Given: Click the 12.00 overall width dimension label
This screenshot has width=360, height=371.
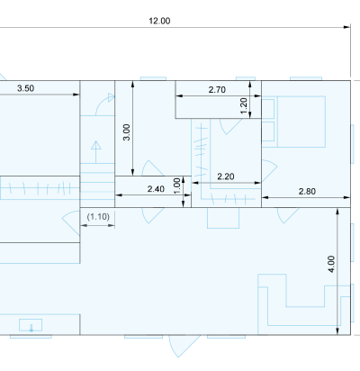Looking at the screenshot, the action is coord(159,21).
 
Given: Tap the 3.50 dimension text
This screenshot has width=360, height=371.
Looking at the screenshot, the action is coord(25,88).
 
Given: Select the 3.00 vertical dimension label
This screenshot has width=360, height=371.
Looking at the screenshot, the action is coord(127,132).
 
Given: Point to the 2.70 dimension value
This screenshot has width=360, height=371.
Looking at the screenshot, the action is coord(217,89).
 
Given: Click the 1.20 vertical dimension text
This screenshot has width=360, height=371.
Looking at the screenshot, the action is coord(244,106).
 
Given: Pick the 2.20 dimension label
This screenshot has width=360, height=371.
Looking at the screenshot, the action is coord(226,176).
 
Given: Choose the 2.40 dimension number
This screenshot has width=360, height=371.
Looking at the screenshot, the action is coord(156,189).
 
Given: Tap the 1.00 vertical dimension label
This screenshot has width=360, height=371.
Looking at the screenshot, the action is coord(177,186).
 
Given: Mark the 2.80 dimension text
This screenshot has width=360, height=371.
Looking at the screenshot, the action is coord(307,192).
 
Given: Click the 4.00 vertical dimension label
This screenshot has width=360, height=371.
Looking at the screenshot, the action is coord(331,264).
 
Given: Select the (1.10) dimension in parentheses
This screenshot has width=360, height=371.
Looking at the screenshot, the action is coord(98,216).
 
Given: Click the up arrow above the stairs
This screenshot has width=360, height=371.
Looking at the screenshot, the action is coord(96,152).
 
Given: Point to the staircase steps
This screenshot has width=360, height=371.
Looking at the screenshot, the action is coord(97,185).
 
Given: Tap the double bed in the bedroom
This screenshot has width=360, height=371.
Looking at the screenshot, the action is coord(293,122).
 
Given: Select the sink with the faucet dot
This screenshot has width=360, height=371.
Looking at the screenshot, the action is coord(31,325).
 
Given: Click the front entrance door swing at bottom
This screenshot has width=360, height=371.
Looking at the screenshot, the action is coord(184,346).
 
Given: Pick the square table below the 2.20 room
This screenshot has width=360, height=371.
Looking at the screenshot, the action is coord(223,218).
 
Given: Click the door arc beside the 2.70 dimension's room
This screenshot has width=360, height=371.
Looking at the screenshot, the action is coord(231,126).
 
